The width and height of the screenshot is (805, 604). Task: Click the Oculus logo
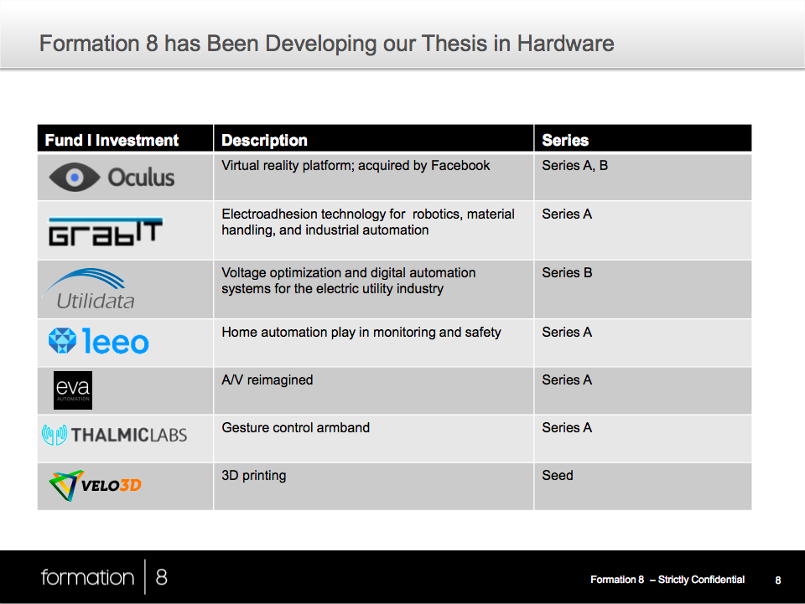pos(112,178)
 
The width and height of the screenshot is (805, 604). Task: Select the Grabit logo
pos(106,232)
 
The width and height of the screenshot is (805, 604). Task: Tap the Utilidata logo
pos(90,289)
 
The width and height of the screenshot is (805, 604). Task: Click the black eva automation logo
pos(73,390)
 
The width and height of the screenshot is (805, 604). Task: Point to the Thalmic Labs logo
pos(115,435)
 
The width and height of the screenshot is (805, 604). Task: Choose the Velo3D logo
pos(95,485)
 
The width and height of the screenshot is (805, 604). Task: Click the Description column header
pos(264,140)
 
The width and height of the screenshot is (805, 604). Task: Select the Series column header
pos(565,140)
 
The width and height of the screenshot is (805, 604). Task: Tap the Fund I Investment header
pos(112,140)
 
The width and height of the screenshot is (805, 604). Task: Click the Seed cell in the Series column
pos(558,475)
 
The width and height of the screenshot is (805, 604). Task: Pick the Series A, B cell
pos(575,166)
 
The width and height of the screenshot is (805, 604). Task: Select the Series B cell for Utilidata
pos(568,273)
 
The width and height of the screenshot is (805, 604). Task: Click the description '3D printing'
pos(253,476)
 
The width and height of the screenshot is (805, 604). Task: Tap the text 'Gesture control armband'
pos(296,427)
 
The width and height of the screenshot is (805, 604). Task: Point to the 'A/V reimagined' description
pos(267,380)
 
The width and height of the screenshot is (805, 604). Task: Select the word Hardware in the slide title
pos(565,44)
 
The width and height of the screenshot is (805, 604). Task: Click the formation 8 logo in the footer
pos(104,577)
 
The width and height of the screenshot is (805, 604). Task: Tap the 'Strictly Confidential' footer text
pos(701,580)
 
